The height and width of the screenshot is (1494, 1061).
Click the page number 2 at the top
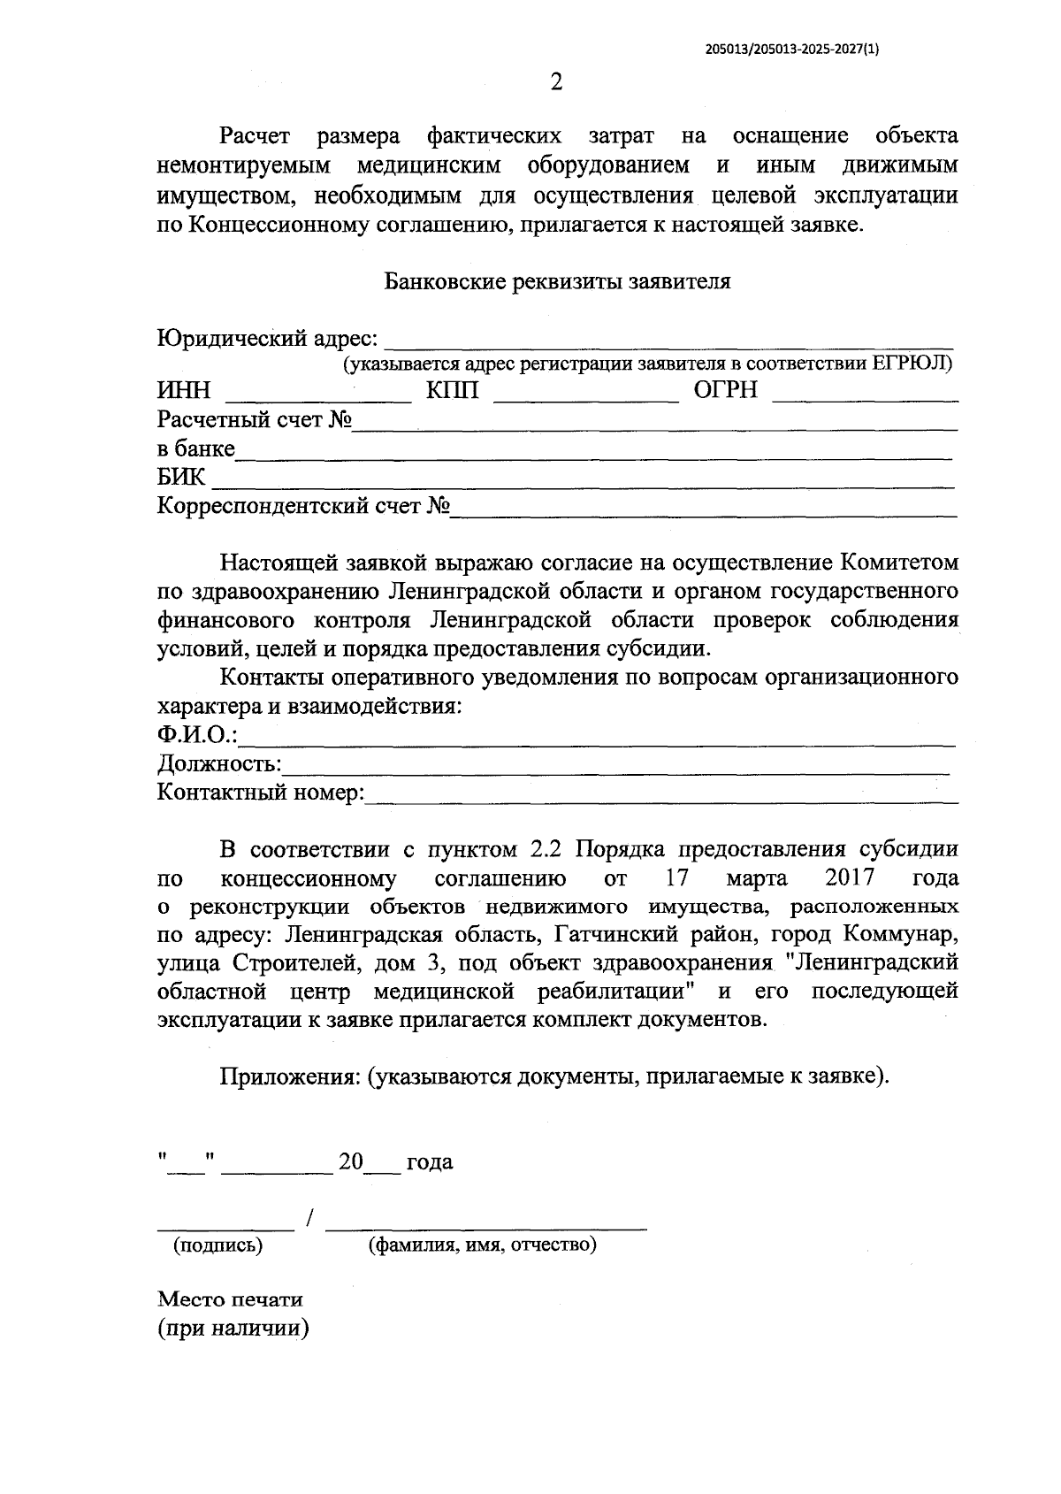point(555,83)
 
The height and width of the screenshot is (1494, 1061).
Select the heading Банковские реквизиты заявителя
point(557,282)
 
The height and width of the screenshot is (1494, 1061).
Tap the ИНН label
point(184,391)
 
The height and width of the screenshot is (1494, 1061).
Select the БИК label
point(180,478)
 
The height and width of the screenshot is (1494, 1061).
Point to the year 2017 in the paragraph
point(848,877)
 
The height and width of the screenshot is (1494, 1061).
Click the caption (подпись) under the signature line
point(218,1245)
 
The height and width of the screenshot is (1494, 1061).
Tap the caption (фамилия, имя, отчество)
point(483,1245)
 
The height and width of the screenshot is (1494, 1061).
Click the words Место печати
point(230,1299)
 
